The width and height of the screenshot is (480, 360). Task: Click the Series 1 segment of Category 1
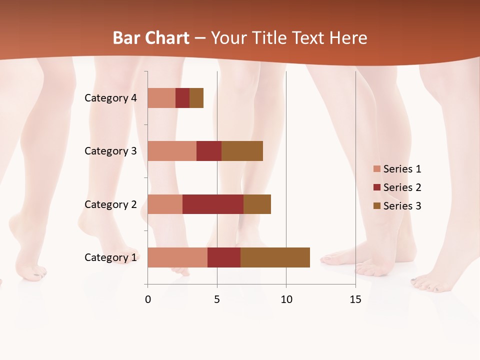coord(177,257)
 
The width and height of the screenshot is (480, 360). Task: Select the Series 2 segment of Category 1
coord(224,257)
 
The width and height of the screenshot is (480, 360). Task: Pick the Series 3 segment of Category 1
coord(275,257)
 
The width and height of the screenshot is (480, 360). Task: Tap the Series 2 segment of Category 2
coord(213,204)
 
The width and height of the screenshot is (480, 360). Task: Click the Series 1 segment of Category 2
coord(165,204)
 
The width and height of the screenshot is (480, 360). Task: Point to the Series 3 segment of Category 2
coord(257,204)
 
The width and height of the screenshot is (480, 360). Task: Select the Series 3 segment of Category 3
coord(242,151)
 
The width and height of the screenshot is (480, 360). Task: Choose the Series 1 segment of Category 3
coord(172,151)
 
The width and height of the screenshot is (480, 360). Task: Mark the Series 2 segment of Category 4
coord(182,98)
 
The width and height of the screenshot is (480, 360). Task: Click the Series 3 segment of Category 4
coord(196,98)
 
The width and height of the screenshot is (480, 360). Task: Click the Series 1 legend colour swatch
coord(377,169)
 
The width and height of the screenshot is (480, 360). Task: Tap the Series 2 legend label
coord(402,187)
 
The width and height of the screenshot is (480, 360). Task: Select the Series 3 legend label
coord(402,206)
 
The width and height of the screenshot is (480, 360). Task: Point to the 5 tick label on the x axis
coord(217,299)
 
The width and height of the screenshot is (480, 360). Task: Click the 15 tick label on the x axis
coord(355,299)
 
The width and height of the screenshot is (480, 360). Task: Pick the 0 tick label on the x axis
coord(148,299)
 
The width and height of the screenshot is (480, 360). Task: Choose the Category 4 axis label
coord(110,98)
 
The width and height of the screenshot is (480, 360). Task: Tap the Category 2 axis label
coord(110,204)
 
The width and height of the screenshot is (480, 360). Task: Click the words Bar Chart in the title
coord(151,38)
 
